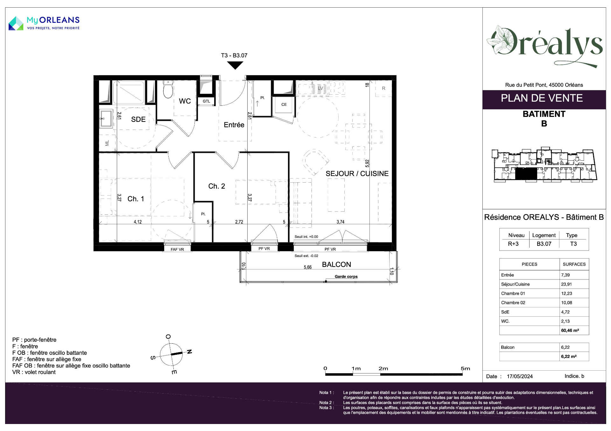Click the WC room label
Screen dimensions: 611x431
coord(185,101)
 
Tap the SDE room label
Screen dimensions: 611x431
coord(138,119)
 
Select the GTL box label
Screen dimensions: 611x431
coord(207,101)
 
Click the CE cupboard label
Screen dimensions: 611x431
coord(284,104)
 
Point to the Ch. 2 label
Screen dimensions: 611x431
coord(217,186)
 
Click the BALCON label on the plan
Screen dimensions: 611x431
coord(336,265)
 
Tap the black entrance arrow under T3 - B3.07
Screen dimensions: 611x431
coord(235,65)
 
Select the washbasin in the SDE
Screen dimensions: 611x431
coord(106,118)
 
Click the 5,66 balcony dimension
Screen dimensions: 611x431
coord(308,267)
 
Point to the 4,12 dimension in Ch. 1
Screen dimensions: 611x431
coord(138,222)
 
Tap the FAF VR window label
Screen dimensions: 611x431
coord(177,250)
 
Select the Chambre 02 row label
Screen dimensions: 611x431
coord(513,303)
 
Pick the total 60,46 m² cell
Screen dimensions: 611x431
coord(570,330)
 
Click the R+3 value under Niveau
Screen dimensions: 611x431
coord(513,244)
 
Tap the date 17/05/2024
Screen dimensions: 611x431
coord(520,376)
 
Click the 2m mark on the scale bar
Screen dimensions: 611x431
coord(383,369)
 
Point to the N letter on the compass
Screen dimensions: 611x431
coord(189,352)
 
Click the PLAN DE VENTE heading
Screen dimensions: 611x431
coord(542,98)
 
